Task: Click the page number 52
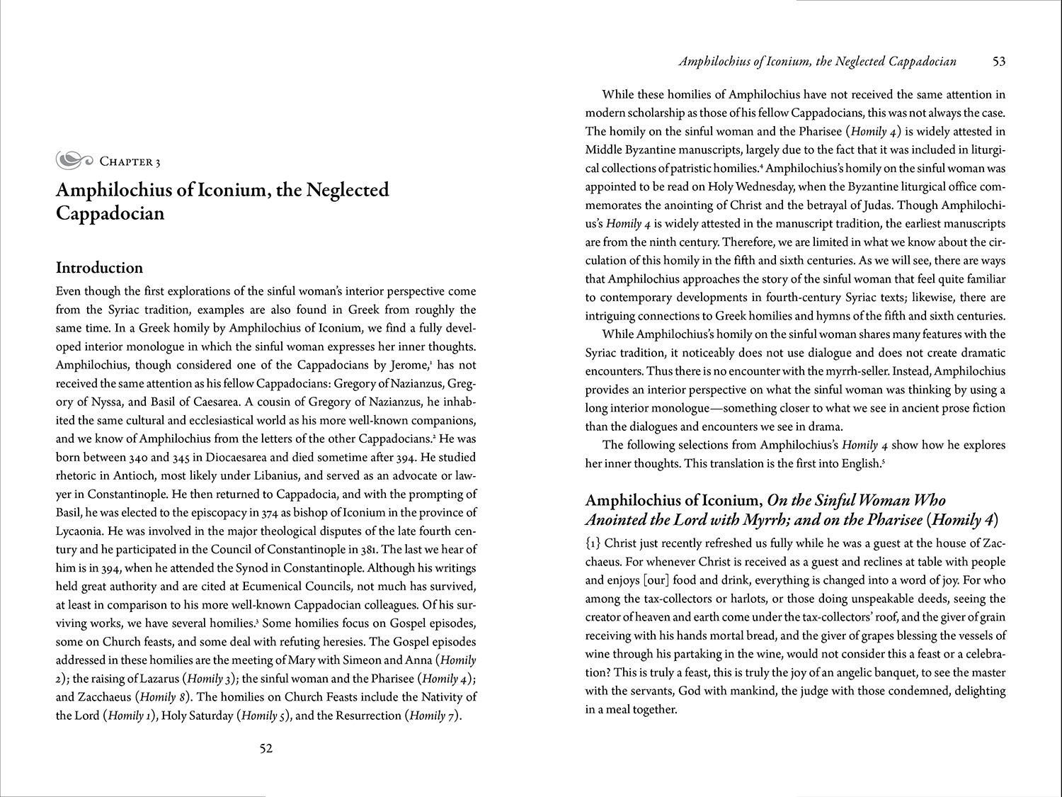(265, 749)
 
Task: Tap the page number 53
(998, 62)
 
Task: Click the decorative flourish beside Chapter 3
(74, 161)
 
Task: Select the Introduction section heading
(99, 268)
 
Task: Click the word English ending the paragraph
(857, 464)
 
